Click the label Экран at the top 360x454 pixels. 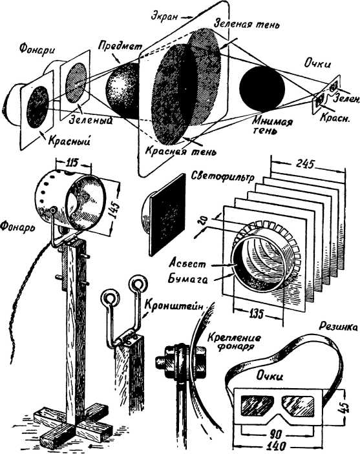(x=164, y=17)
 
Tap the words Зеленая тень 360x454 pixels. (x=247, y=23)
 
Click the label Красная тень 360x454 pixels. (x=181, y=150)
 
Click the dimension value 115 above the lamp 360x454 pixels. (x=72, y=163)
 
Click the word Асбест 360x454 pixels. (x=187, y=263)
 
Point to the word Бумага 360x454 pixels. (x=188, y=279)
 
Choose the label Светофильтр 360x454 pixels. (x=222, y=176)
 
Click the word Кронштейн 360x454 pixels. (x=174, y=306)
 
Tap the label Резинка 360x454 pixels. (x=338, y=327)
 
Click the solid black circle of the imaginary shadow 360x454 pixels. (x=262, y=88)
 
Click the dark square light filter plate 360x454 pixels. (x=167, y=214)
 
